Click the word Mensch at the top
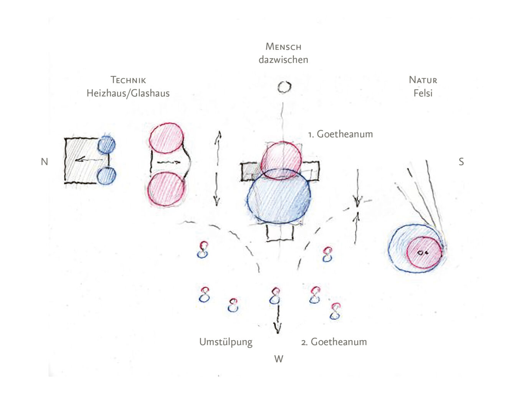283,47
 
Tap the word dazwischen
283,60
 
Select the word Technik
128,80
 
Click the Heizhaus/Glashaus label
128,93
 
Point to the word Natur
423,80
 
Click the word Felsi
423,93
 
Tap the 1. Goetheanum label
340,134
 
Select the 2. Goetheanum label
334,342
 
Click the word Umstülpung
226,342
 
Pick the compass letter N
45,162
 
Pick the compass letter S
461,162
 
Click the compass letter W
279,359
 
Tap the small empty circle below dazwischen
284,87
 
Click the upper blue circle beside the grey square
106,145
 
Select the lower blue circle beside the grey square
106,176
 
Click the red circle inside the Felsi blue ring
424,253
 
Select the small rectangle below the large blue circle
280,233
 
